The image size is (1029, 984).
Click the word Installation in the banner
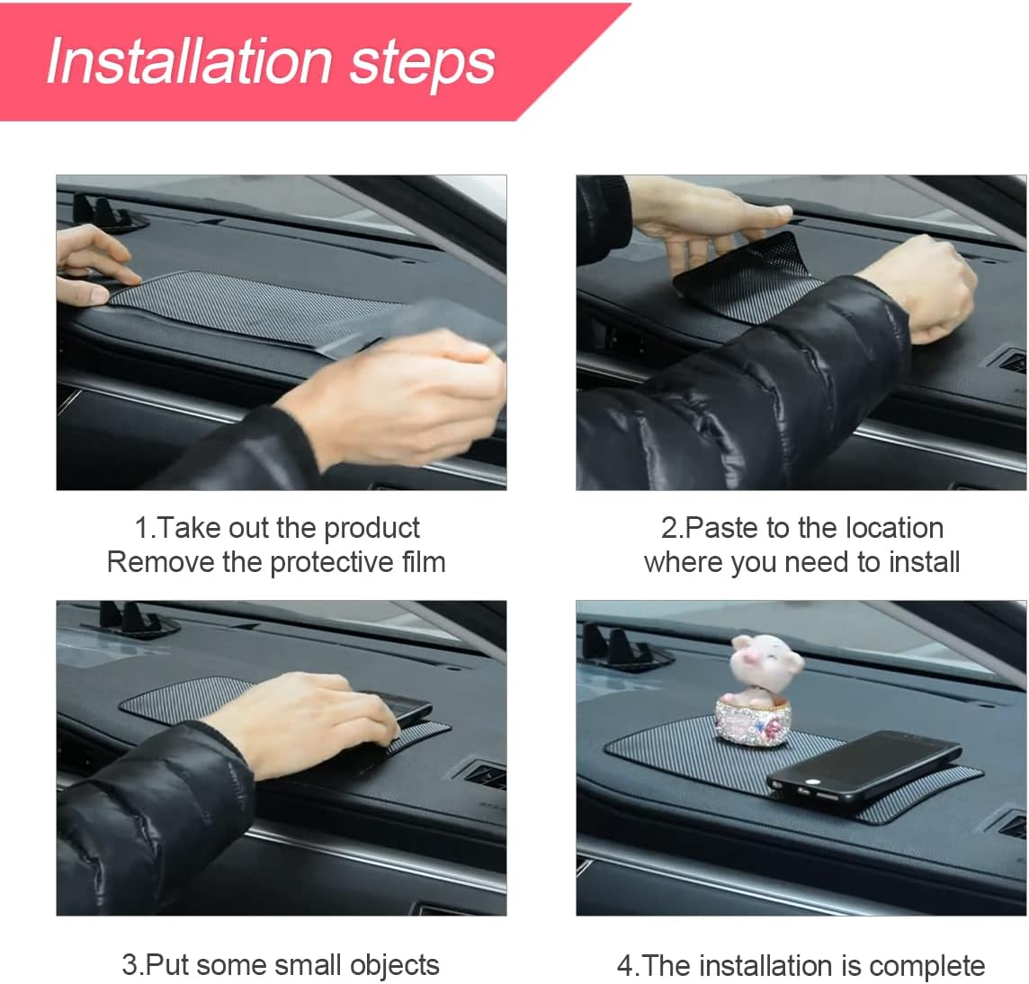click(189, 61)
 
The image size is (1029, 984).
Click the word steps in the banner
click(422, 61)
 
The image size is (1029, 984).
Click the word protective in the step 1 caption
click(332, 562)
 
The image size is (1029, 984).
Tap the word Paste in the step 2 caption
click(723, 528)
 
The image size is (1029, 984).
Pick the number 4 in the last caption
click(625, 966)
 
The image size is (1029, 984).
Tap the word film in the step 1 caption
click(424, 562)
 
